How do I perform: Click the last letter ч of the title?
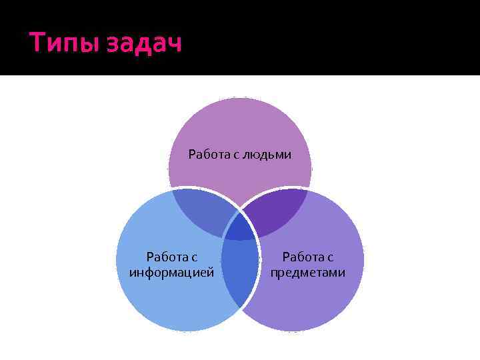coord(174,46)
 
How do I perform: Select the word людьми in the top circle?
coord(267,155)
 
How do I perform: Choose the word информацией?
coord(171,272)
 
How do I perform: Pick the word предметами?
coord(307,272)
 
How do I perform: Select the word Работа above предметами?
coord(302,257)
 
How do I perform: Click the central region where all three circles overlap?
coord(239,227)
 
